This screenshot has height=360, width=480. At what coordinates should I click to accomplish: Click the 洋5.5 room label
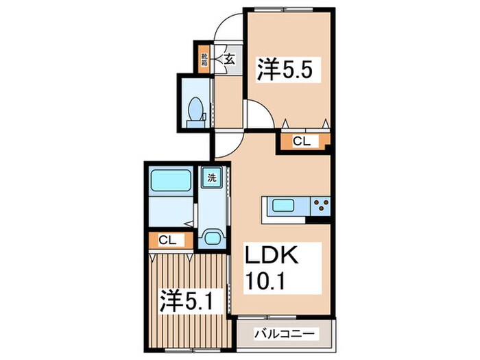(285, 70)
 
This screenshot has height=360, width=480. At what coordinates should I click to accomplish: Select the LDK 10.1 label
(272, 268)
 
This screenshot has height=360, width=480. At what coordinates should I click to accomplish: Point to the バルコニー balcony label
(285, 334)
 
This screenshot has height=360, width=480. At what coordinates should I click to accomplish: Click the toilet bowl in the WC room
(195, 108)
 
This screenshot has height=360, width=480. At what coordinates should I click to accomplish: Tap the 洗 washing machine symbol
(212, 178)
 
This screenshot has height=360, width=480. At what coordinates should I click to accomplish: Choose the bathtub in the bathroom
(171, 180)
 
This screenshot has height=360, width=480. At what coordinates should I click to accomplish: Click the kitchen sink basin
(283, 205)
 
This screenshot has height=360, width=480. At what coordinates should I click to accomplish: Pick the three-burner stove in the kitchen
(321, 206)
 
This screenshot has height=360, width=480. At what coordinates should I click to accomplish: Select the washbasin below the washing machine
(212, 237)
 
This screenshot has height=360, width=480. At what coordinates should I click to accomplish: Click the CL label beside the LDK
(302, 141)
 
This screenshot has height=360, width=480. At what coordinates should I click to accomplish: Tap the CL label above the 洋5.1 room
(167, 240)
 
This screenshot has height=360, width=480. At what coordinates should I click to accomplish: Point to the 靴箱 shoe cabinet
(203, 60)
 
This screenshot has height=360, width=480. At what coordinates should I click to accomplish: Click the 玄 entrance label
(229, 59)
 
